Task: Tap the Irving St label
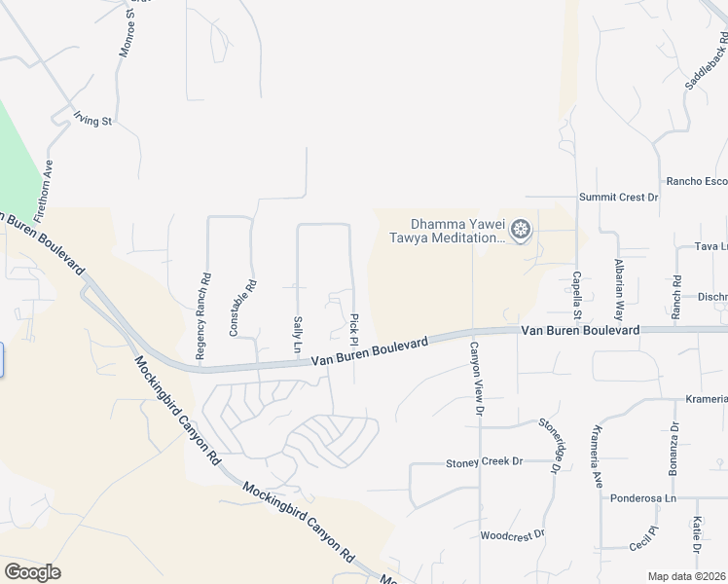tap(93, 119)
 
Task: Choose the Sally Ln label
tap(296, 335)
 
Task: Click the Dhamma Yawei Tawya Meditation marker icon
tap(522, 230)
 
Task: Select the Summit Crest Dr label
tap(619, 197)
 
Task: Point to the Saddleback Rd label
tap(706, 66)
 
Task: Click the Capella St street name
tap(576, 295)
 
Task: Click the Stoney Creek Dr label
tap(485, 461)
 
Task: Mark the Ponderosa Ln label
tap(648, 498)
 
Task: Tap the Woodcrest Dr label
tap(512, 535)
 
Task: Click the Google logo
tap(32, 572)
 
